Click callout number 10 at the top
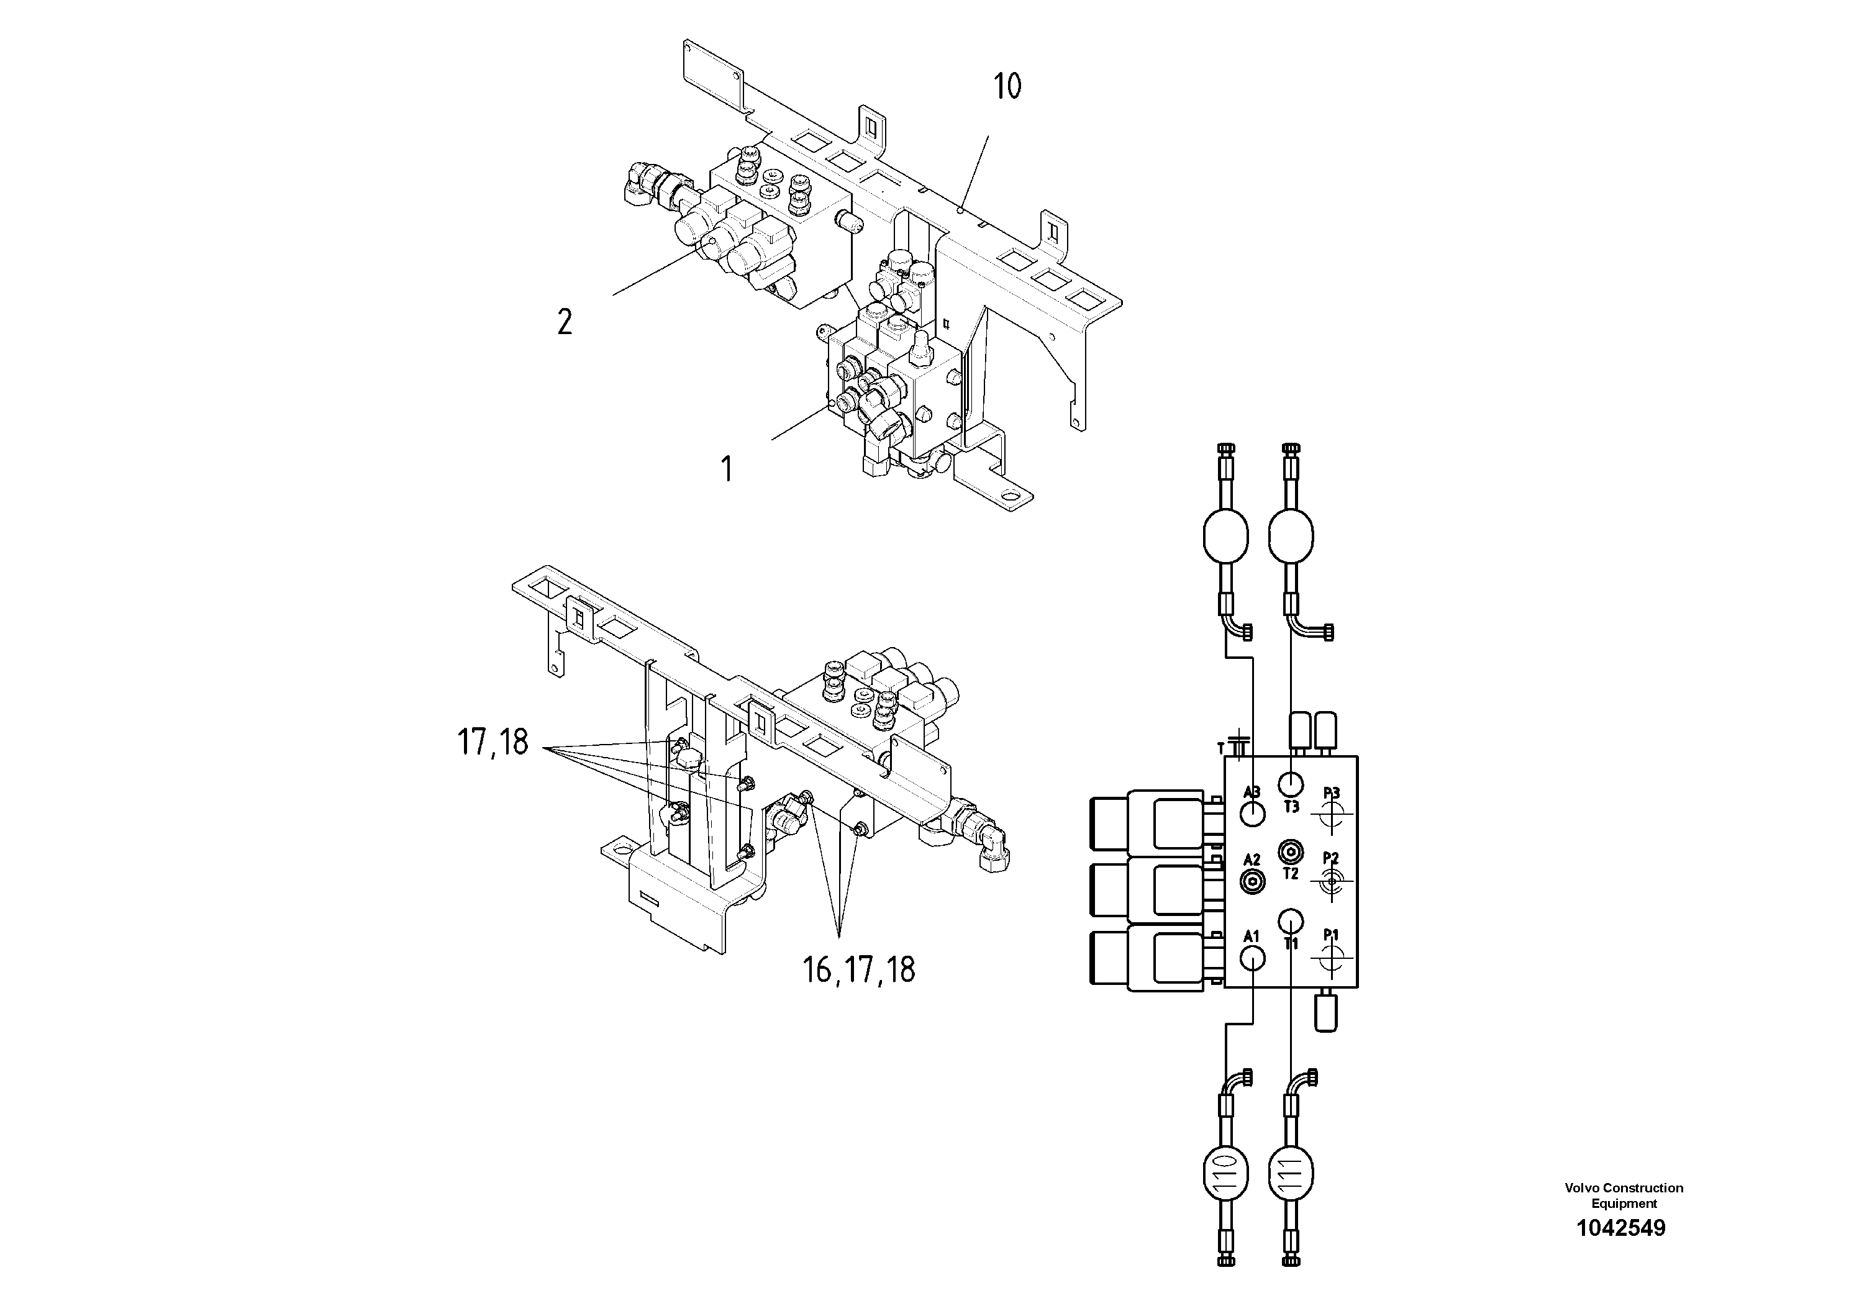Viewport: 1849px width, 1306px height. click(x=1007, y=86)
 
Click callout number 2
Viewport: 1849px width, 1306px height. click(x=565, y=322)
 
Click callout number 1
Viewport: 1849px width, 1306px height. click(x=727, y=469)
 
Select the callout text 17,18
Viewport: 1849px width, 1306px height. click(x=493, y=741)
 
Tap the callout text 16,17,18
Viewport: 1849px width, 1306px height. click(x=858, y=969)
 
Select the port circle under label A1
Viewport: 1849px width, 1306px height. click(x=1252, y=958)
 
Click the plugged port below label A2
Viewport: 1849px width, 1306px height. click(x=1252, y=882)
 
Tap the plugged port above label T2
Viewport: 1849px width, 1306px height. click(x=1291, y=851)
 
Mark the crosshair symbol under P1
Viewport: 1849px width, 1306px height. click(x=1331, y=958)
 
